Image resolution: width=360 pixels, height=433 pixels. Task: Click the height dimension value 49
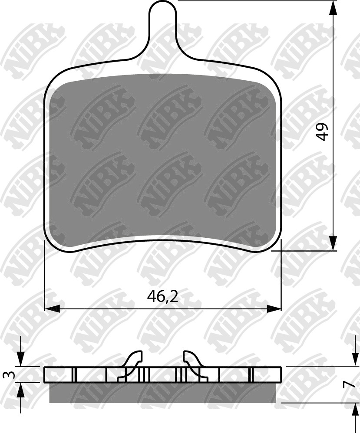click(x=322, y=131)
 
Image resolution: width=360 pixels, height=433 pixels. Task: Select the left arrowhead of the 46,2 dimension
click(x=52, y=308)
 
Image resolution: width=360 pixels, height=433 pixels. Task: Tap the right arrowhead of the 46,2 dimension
click(x=274, y=308)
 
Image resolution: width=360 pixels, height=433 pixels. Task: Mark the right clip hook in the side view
click(x=194, y=362)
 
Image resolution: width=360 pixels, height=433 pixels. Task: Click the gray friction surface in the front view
click(x=163, y=161)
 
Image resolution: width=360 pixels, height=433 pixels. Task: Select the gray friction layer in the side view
click(x=163, y=393)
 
